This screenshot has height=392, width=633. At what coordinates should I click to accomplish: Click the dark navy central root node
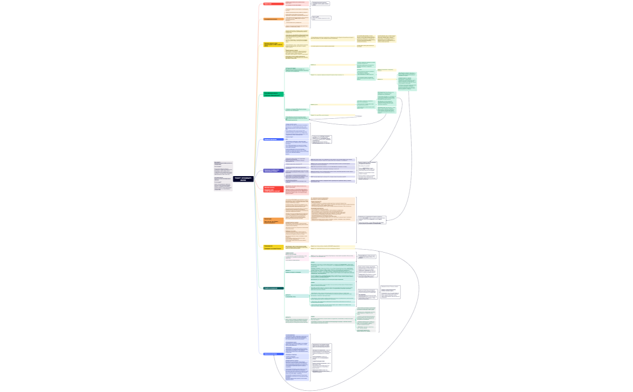[x=244, y=179]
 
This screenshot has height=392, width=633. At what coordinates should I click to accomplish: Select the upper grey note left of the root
[x=222, y=169]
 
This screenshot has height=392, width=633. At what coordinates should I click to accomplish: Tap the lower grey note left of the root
[x=222, y=185]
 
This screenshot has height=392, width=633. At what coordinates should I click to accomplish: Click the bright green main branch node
[x=273, y=94]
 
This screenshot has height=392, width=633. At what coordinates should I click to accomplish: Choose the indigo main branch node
[x=273, y=171]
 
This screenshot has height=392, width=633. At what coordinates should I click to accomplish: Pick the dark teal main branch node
[x=273, y=288]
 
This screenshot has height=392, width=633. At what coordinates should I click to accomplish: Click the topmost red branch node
[x=273, y=4]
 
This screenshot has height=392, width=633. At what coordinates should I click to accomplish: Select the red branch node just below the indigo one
[x=273, y=189]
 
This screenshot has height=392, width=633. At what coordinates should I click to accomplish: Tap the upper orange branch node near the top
[x=273, y=19]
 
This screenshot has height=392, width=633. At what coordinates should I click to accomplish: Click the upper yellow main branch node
[x=273, y=44]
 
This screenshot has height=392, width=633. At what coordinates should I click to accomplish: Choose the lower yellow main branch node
[x=273, y=247]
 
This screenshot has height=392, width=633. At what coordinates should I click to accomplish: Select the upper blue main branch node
[x=273, y=139]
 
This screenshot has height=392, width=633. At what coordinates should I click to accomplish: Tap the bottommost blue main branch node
[x=273, y=354]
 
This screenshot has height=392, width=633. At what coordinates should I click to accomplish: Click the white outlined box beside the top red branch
[x=321, y=4]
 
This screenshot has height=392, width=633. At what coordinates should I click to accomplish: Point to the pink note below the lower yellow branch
[x=297, y=256]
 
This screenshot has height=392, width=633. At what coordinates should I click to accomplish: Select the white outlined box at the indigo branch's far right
[x=367, y=171]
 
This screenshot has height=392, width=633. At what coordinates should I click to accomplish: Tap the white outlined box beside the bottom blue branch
[x=321, y=358]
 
